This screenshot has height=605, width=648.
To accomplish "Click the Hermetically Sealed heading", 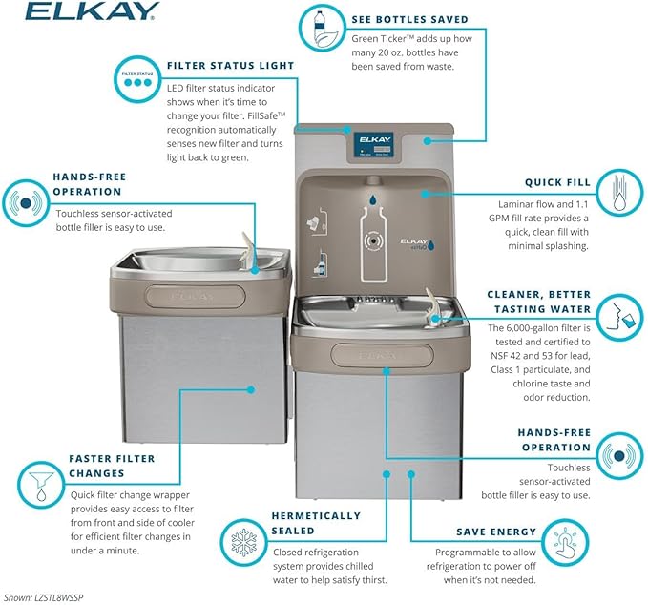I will (x=317, y=524).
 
